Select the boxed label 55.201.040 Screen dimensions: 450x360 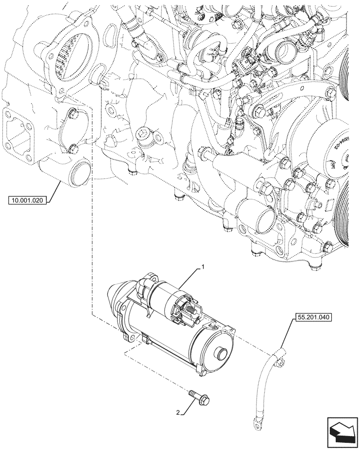pyautogui.click(x=314, y=317)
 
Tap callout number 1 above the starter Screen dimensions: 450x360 pyautogui.click(x=203, y=267)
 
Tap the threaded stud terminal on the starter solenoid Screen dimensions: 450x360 pyautogui.click(x=190, y=310)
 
